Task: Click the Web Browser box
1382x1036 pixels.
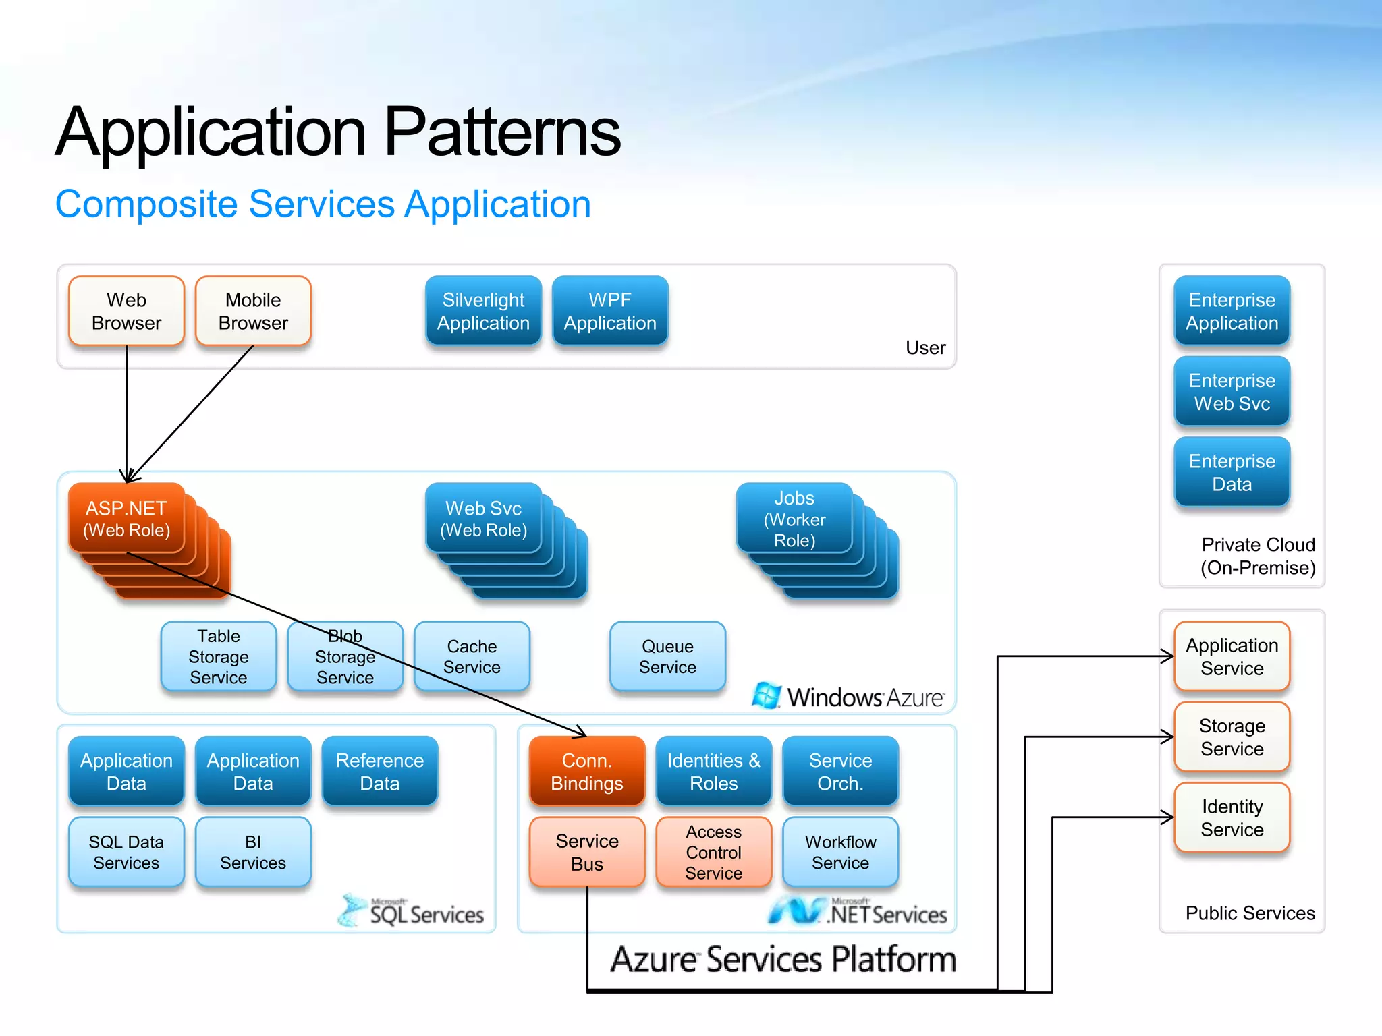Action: (126, 311)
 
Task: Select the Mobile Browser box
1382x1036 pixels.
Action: (253, 311)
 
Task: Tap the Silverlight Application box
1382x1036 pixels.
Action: (483, 311)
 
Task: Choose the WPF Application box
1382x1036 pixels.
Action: (610, 311)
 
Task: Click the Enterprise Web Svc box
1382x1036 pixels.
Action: (1232, 392)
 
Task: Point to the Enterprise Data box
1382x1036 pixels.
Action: (1232, 472)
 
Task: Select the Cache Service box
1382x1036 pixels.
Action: (472, 656)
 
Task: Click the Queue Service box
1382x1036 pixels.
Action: (667, 656)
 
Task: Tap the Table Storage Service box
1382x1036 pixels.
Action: (218, 656)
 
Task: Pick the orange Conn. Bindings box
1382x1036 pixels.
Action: (586, 772)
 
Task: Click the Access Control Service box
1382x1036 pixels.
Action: (713, 852)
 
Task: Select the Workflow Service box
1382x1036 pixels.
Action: (840, 852)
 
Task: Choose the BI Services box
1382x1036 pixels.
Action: (253, 852)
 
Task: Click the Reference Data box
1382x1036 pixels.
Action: (380, 772)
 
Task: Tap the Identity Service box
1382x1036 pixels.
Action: (1232, 817)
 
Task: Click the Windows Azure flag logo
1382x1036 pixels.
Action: (767, 695)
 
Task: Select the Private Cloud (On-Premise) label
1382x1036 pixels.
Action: (1258, 556)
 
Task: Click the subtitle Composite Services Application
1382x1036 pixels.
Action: (323, 204)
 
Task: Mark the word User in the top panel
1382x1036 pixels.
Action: (925, 348)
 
